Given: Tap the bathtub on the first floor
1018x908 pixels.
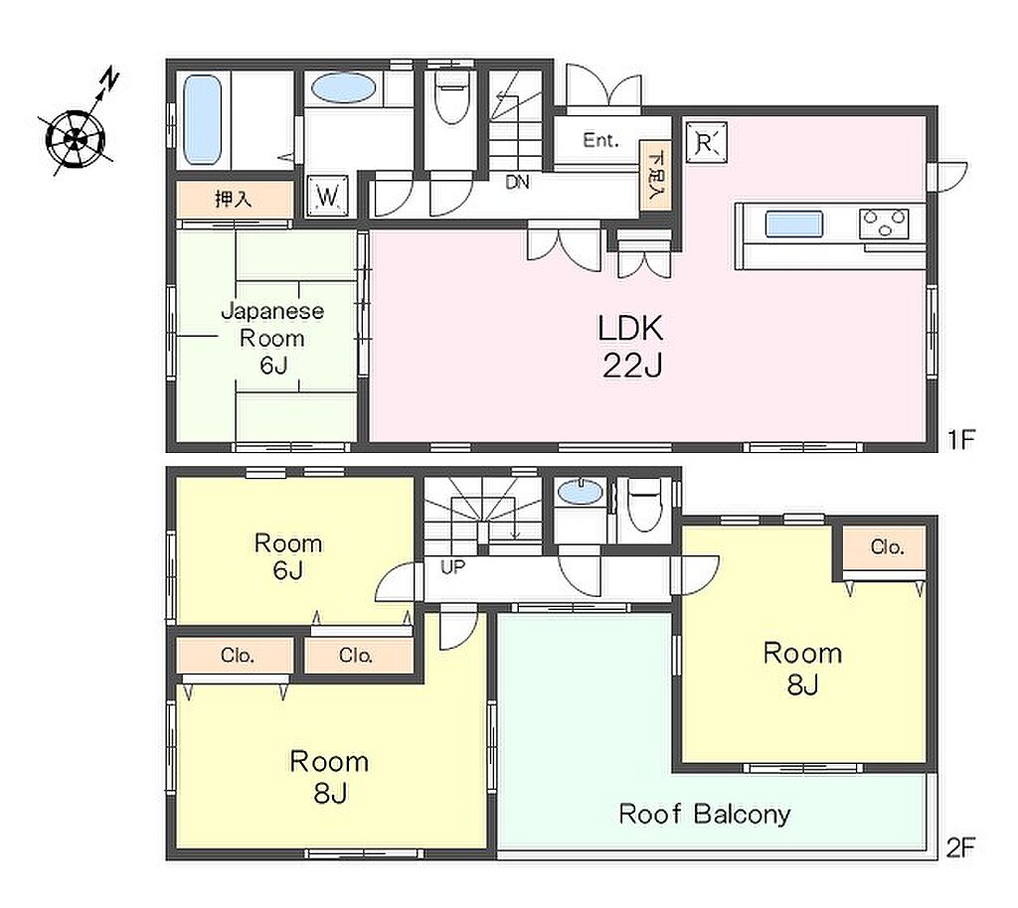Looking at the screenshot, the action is coord(203,120).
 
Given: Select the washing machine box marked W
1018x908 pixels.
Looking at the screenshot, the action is coord(327,196).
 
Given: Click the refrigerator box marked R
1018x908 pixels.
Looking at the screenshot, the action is coord(707,142).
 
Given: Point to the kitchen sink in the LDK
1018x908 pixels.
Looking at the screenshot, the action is coord(794,225).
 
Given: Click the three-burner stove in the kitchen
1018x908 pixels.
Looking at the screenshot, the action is coord(884,225).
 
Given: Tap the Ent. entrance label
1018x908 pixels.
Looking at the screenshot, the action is coord(600,140).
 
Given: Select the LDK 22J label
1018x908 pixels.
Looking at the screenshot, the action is coord(631,346).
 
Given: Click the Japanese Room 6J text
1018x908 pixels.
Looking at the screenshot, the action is coord(272,338).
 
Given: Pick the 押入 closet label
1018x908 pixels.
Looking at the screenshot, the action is coord(233,199).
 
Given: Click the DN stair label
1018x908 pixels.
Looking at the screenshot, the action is coord(517,183).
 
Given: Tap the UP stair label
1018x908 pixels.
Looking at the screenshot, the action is coord(453,567).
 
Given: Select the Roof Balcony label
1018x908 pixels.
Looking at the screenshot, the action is coord(705,814).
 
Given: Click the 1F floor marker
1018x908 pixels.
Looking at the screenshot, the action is coord(961,440).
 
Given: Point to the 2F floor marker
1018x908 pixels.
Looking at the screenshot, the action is coord(961,847).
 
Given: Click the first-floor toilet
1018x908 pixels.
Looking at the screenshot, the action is coord(451,97).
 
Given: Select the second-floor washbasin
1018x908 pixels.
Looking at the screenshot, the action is coord(581,493).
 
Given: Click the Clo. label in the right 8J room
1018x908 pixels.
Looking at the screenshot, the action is coord(887,546).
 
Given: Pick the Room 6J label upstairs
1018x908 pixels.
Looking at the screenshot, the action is coord(287,555).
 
